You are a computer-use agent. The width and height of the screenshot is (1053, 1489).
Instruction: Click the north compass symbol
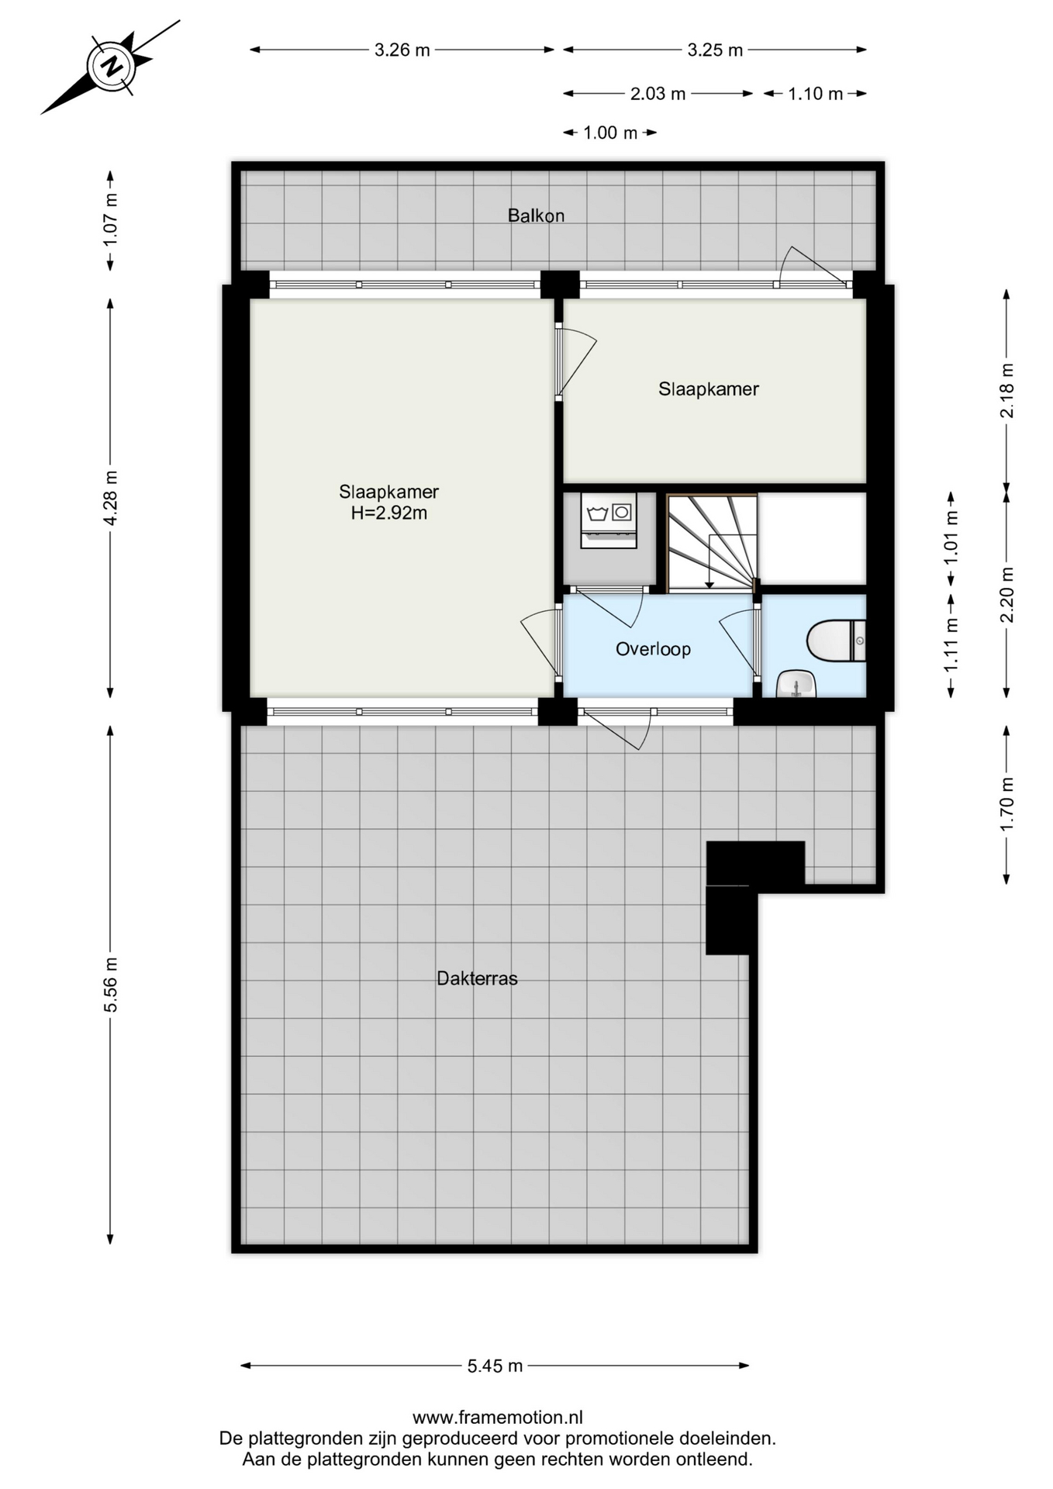click(112, 67)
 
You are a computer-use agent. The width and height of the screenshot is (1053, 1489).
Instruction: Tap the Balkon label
click(536, 216)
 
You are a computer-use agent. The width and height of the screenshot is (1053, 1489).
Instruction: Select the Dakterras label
click(477, 978)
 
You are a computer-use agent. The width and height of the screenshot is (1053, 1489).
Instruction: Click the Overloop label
click(653, 649)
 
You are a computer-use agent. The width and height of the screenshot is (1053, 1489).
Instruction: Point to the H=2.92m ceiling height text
click(389, 513)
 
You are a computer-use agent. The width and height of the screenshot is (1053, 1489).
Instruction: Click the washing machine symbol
click(609, 520)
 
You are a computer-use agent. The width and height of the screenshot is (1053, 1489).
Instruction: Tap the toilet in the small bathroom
click(836, 641)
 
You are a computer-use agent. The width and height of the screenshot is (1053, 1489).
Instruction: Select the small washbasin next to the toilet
click(796, 684)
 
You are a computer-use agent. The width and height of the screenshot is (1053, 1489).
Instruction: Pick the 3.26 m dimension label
click(402, 50)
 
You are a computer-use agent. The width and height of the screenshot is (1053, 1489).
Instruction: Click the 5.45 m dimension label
click(495, 1366)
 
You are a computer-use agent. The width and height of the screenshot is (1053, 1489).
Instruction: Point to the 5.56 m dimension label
click(111, 984)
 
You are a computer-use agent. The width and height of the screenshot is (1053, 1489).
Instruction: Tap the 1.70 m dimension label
click(1006, 803)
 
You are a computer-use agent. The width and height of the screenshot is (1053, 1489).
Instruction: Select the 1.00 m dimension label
click(610, 133)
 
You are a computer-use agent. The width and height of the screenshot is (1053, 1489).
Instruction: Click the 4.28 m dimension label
click(111, 498)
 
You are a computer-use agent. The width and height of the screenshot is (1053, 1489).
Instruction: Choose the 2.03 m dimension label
click(658, 94)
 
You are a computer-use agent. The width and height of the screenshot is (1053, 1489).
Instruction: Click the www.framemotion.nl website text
click(498, 1418)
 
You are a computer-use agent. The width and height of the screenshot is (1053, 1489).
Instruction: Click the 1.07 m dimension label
click(111, 221)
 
